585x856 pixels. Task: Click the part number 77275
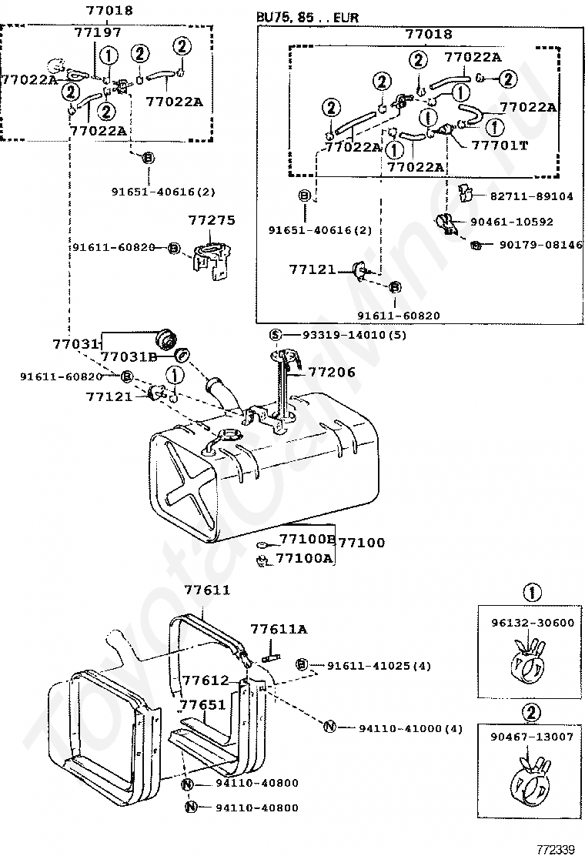coord(212,220)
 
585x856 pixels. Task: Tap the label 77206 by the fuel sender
coord(332,373)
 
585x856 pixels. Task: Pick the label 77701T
coord(500,145)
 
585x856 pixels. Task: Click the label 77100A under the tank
coord(304,558)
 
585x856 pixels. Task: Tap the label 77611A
coord(279,630)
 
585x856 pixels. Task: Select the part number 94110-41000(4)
coord(410,729)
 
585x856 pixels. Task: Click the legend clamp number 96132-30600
coord(533,623)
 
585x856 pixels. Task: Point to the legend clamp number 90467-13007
coord(532,737)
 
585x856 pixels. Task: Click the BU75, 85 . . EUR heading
coord(308,18)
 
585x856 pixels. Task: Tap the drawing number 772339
coord(556,849)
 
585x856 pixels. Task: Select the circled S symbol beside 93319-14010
coord(276,335)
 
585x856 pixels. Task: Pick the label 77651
coord(202,705)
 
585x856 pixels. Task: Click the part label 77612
coord(206,680)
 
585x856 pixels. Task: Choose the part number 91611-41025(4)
coord(379,666)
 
